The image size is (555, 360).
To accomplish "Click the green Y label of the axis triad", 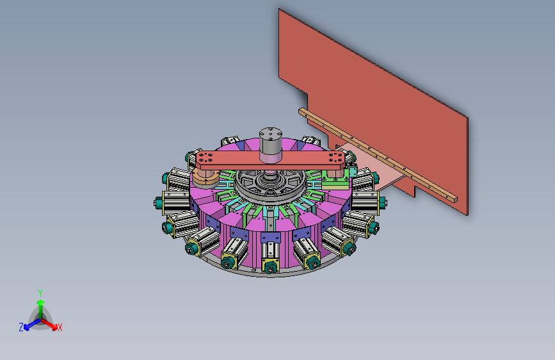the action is [40, 293].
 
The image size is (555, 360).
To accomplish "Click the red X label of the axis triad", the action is [60, 327].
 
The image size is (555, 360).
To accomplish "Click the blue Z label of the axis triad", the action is [21, 327].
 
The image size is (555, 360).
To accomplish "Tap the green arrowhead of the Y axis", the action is [41, 302].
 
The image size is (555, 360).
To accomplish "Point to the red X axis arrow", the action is [49, 324].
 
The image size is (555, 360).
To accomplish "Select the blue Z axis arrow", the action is [33, 324].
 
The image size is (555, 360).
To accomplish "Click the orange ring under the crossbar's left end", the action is [205, 177].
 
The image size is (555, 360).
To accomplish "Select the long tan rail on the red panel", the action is [378, 155].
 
